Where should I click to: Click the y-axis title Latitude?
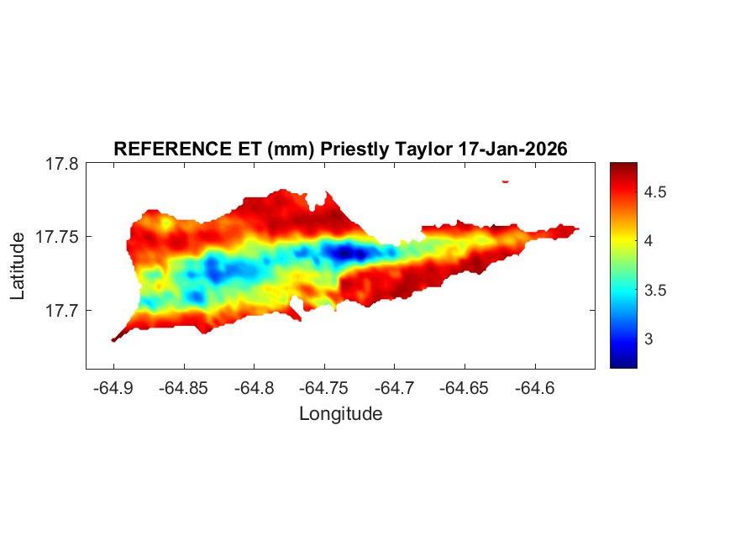(18, 266)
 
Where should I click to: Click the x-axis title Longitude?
(340, 413)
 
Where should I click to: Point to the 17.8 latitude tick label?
(61, 165)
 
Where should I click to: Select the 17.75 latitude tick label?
(57, 238)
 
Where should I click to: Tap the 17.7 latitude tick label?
(61, 311)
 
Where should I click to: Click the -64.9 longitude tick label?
(113, 388)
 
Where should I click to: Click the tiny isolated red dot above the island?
(506, 181)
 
